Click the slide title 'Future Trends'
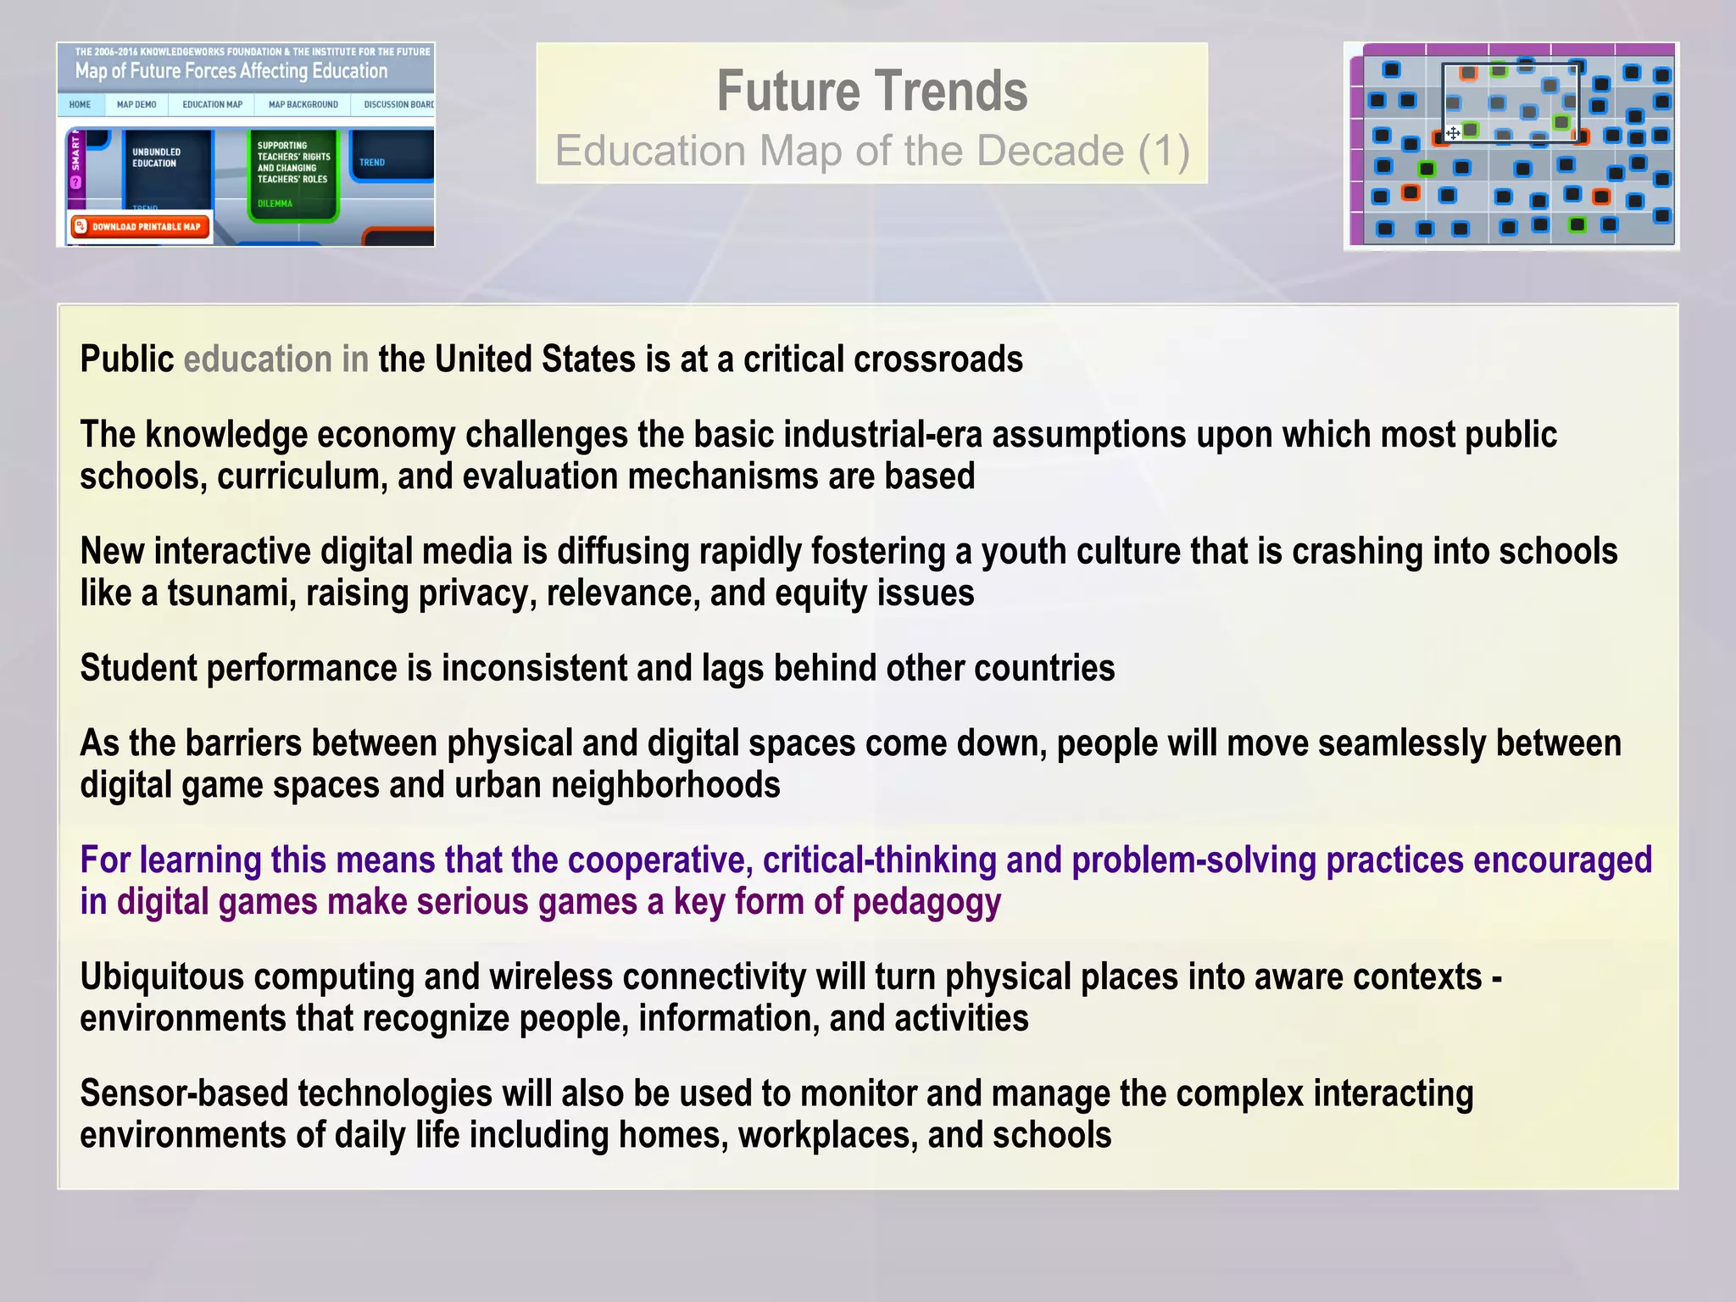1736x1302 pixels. (x=871, y=91)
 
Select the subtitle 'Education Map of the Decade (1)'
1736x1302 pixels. (x=871, y=151)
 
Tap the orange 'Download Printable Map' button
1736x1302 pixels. (x=141, y=226)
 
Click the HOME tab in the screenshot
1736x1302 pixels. (x=81, y=105)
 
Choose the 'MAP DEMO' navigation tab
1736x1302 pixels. (x=136, y=105)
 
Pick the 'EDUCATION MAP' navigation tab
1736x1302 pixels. (x=212, y=105)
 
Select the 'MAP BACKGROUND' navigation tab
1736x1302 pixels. (x=303, y=105)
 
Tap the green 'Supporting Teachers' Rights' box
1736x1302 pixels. (x=293, y=173)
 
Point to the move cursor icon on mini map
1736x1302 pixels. (x=1452, y=133)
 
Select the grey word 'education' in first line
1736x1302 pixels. (x=258, y=359)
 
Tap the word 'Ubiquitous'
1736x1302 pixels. (x=162, y=977)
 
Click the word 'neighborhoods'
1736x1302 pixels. (x=665, y=785)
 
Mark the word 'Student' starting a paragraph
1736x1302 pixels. (x=138, y=668)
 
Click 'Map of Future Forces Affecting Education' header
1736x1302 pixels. (x=231, y=71)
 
